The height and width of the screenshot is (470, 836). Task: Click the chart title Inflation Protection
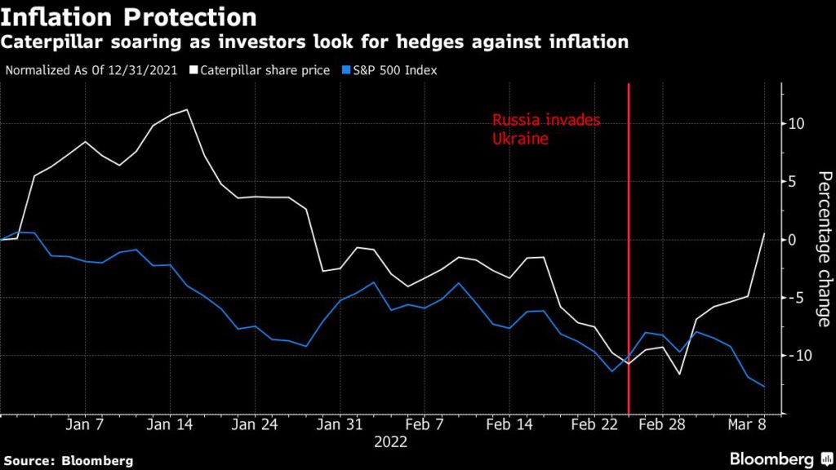pos(128,16)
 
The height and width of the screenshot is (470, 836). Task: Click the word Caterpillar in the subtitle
pos(50,42)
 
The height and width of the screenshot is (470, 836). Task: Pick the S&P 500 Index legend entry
pos(389,70)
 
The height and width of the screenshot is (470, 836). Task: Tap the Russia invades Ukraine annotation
pos(546,129)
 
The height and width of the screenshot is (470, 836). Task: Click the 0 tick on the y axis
pos(803,240)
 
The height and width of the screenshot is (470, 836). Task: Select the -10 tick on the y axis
pos(798,356)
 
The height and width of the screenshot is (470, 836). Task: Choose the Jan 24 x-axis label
pos(253,424)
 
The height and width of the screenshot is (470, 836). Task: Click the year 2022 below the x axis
pos(390,442)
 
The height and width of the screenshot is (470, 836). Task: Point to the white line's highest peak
pos(188,109)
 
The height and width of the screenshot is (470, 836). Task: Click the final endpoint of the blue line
pos(764,387)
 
